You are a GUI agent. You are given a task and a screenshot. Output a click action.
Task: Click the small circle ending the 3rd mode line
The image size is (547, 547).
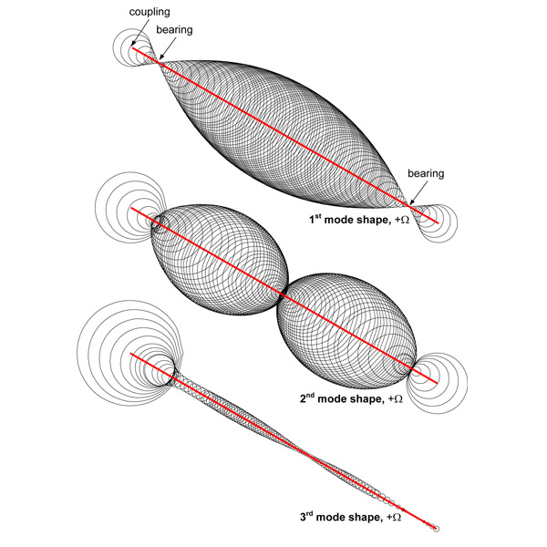point(437,528)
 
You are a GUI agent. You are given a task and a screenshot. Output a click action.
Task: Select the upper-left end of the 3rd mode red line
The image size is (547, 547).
point(132,353)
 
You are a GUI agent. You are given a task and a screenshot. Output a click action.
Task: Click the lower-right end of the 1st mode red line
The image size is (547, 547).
point(441,220)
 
